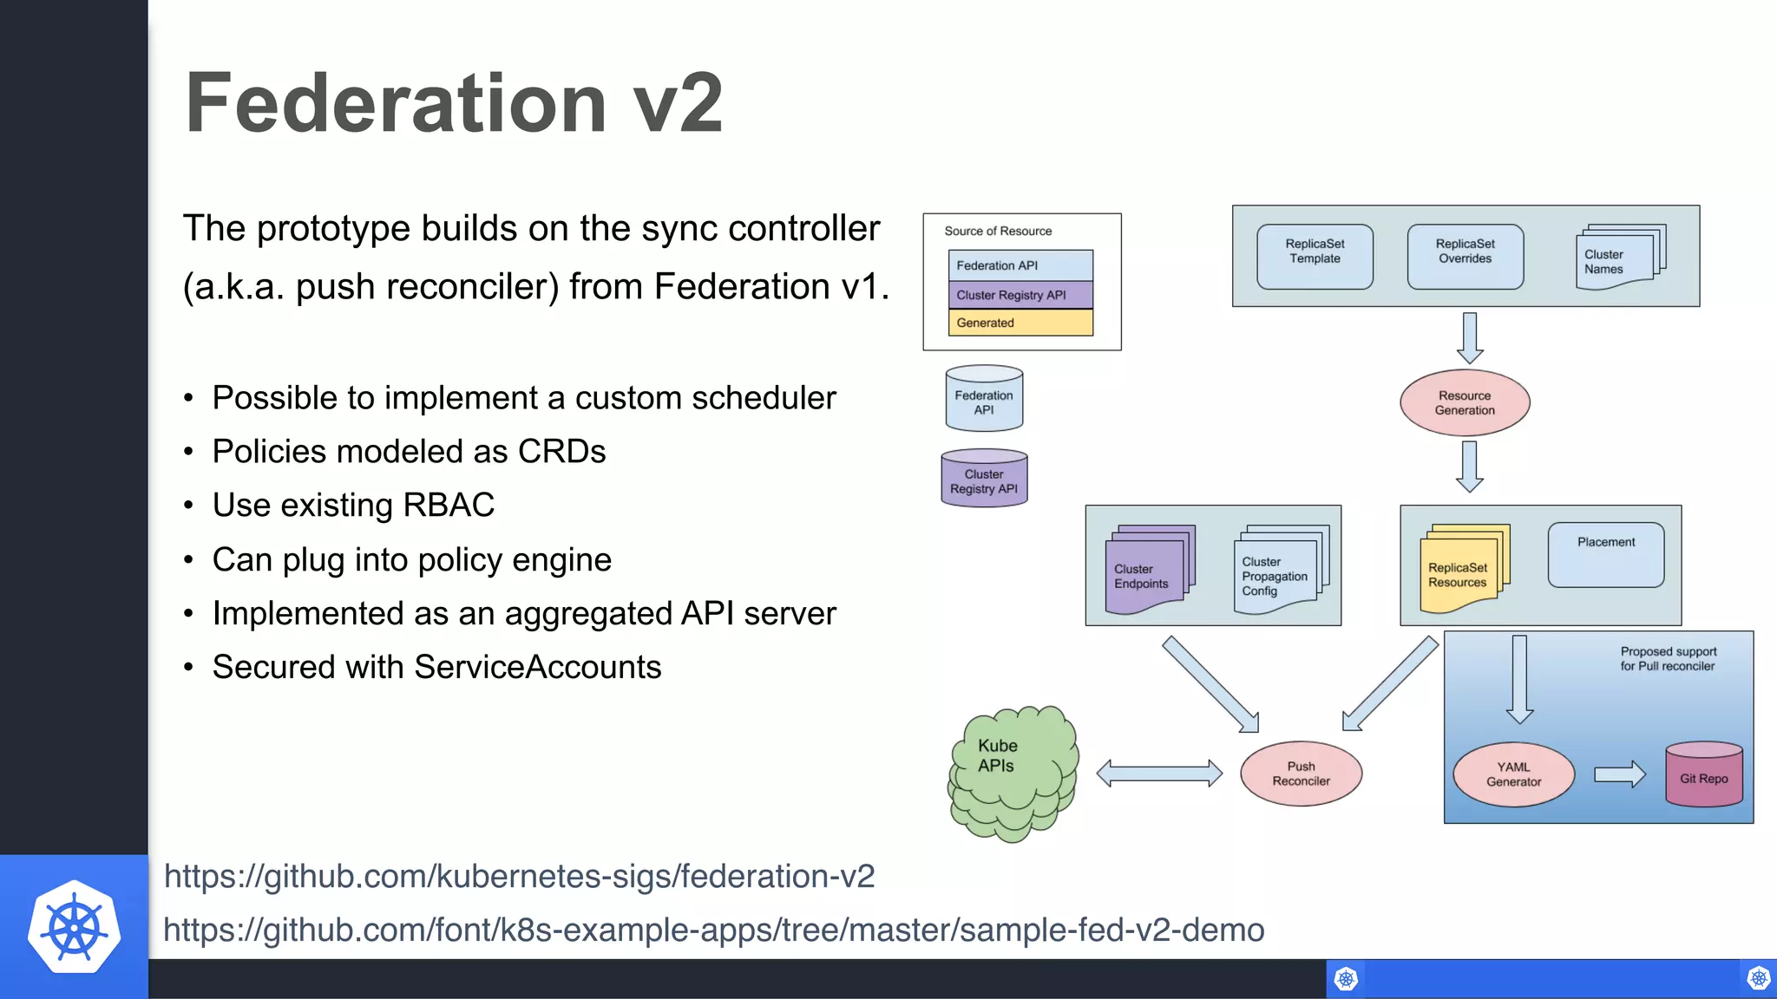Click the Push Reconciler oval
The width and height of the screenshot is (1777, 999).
point(1301,774)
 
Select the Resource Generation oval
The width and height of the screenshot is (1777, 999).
point(1465,402)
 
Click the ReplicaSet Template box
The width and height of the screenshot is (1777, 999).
point(1315,257)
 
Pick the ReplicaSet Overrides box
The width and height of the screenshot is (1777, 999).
point(1465,257)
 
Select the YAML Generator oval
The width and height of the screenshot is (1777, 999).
point(1513,774)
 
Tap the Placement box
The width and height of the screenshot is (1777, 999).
point(1605,555)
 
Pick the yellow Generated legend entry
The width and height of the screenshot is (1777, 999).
point(1020,323)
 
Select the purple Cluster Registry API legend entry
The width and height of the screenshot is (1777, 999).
point(1020,295)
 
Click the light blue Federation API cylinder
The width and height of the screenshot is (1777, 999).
point(984,399)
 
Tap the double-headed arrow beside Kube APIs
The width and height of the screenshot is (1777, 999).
point(1159,773)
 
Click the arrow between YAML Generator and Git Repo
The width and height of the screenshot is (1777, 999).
point(1619,774)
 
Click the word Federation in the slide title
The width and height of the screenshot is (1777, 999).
point(396,104)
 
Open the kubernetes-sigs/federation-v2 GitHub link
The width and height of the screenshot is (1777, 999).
point(519,876)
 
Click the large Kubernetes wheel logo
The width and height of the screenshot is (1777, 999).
point(74,928)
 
